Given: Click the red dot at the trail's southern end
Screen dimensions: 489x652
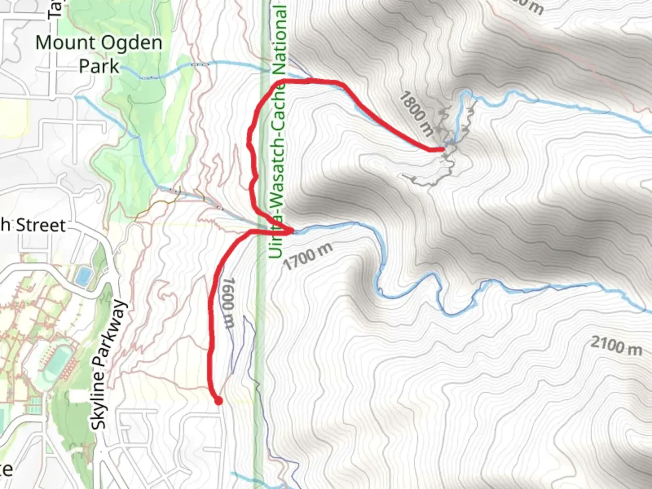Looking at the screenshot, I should pos(218,401).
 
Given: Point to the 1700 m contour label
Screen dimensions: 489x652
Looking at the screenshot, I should pos(308,256).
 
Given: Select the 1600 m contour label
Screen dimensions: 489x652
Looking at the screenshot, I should pos(229,302).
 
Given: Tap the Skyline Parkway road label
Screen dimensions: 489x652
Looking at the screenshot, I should pos(107,364).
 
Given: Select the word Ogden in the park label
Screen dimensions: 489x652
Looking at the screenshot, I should pos(131,43).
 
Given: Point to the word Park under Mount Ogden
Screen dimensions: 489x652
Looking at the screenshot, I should pos(99,67).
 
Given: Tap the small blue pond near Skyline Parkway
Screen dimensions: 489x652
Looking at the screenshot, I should pos(83,276).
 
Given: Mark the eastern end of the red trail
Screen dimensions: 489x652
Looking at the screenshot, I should pos(442,149).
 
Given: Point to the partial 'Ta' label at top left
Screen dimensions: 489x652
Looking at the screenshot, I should pos(54,9).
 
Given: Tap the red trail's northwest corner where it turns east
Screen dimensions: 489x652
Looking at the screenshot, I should pos(282,81).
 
